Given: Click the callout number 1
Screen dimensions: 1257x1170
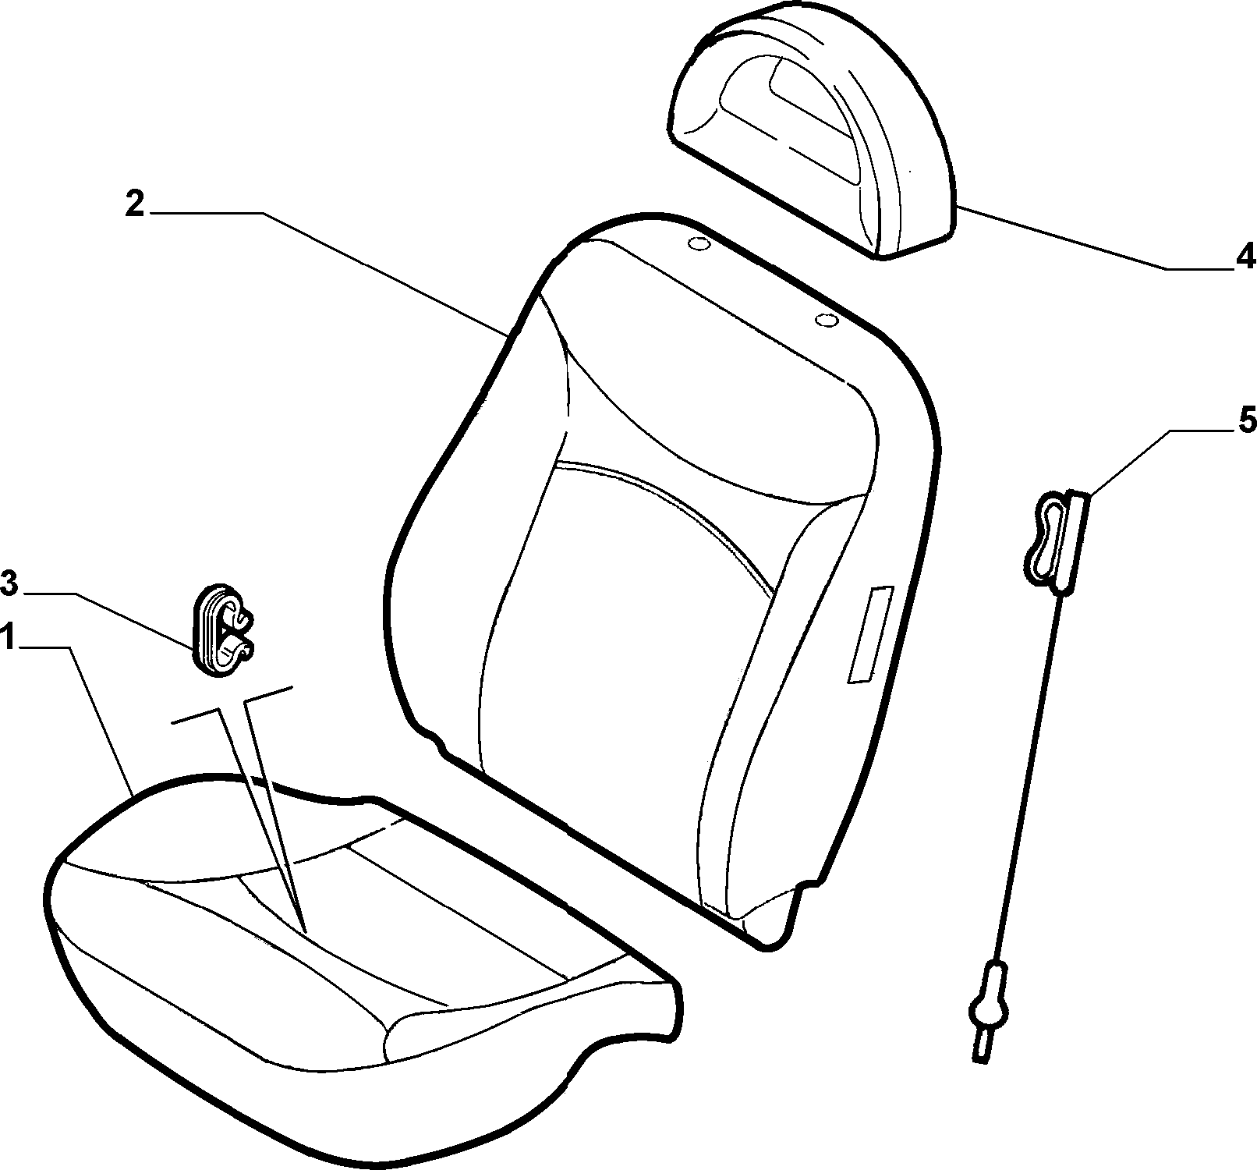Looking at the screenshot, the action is tap(9, 637).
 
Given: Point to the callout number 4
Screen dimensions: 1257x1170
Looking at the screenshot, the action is tap(1245, 256).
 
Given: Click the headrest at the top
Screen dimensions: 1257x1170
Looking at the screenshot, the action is tap(811, 133).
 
